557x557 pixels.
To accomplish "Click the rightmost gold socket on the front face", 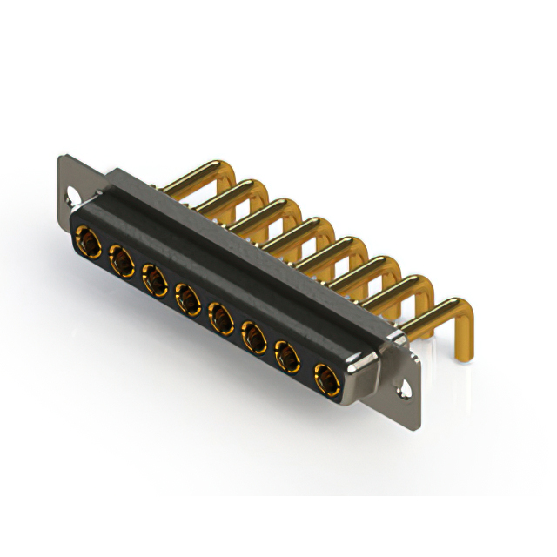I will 324,378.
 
